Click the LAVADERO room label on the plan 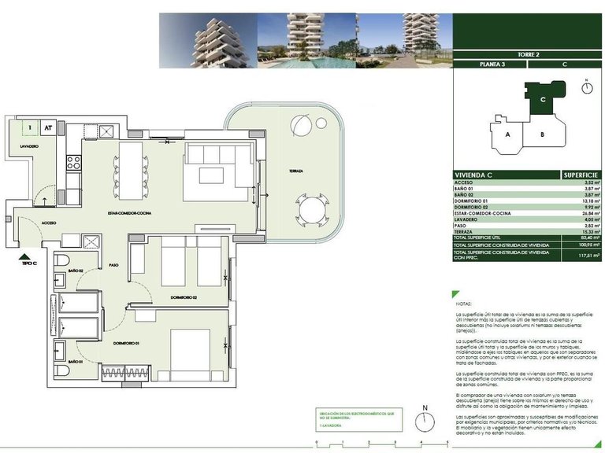29,146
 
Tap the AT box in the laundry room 48,126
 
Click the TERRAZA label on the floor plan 296,171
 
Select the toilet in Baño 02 64,261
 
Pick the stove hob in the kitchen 74,163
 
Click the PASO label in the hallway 114,266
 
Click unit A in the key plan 509,134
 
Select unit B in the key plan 542,134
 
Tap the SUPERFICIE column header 581,174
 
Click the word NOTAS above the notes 465,302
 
